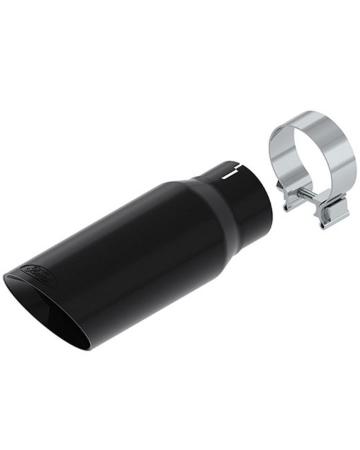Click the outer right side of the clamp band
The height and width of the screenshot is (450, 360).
coord(347,160)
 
